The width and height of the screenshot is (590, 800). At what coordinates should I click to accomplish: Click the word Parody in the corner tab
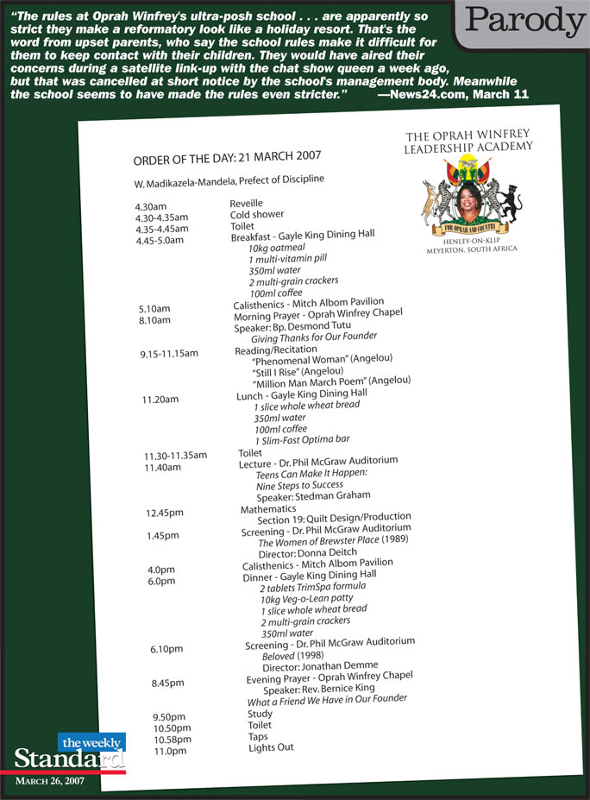(520, 22)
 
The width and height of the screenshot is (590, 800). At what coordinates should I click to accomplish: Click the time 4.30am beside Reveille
(151, 207)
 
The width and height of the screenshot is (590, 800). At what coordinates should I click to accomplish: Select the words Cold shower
(257, 214)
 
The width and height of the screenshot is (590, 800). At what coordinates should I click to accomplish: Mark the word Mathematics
(268, 509)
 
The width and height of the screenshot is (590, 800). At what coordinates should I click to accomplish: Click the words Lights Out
(272, 747)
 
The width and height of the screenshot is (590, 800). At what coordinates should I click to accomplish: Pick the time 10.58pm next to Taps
(173, 740)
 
